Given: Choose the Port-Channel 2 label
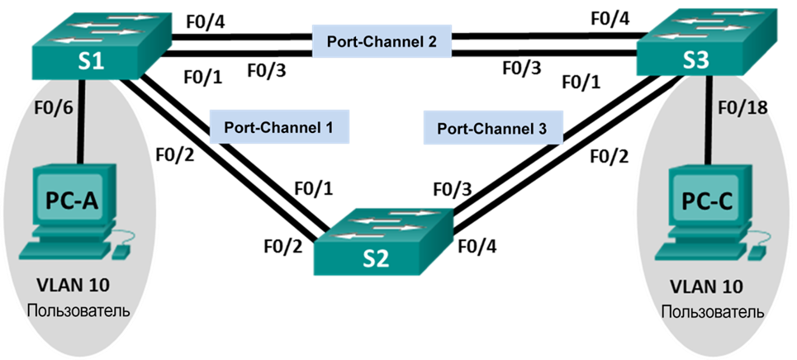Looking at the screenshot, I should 382,41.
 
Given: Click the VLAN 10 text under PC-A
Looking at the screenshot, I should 74,286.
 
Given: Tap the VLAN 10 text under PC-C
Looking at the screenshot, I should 707,287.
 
